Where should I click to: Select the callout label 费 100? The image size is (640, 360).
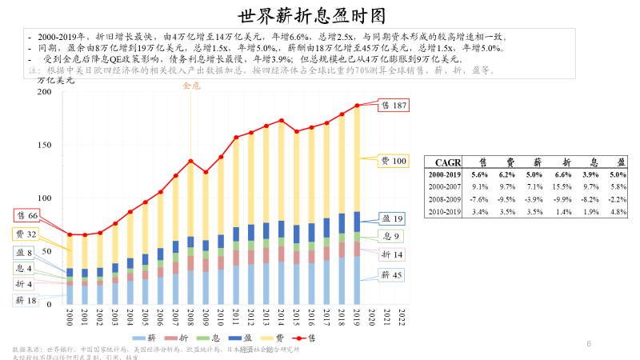coord(393,162)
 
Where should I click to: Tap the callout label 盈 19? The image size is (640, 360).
coord(392,218)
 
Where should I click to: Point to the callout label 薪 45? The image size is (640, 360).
coord(392,274)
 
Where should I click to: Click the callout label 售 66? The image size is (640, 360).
coord(27,216)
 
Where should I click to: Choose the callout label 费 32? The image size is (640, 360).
coord(26,234)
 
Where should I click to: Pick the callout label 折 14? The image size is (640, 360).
coord(392,254)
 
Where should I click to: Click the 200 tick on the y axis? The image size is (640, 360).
coord(45,92)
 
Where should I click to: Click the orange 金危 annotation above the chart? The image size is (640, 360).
coord(191,86)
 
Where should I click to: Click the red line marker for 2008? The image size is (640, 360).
coord(190,161)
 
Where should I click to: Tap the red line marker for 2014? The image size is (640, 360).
coord(281,121)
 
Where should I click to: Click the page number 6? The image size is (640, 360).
coord(589,344)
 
